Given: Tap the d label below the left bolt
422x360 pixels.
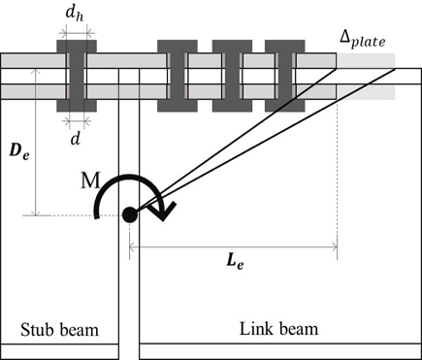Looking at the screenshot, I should (77, 136).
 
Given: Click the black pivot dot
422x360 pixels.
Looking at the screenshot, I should (128, 214).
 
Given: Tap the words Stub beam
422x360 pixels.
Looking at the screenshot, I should (59, 330).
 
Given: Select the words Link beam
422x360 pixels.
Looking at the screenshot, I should (277, 330).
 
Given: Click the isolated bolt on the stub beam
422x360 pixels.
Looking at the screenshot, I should (76, 76).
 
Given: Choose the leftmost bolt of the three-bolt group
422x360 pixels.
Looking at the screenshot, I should (178, 76).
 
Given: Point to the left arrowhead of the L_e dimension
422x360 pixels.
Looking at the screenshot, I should (132, 246).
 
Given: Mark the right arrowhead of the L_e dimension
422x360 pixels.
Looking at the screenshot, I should (334, 246).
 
